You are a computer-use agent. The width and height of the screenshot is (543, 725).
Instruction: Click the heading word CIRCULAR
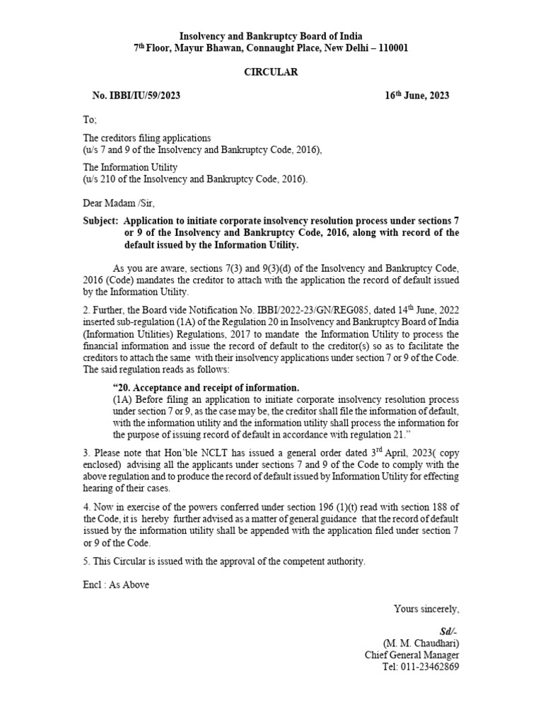[271, 72]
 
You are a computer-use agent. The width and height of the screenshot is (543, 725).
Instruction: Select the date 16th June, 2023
[416, 96]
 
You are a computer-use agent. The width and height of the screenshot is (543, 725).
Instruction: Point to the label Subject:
[100, 220]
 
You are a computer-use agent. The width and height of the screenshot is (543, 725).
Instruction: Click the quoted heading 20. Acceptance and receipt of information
[206, 387]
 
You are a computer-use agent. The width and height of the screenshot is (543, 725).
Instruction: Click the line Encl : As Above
[116, 585]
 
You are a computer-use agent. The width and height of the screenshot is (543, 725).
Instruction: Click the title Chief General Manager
[411, 655]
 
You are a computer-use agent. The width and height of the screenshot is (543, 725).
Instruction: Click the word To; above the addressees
[90, 120]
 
